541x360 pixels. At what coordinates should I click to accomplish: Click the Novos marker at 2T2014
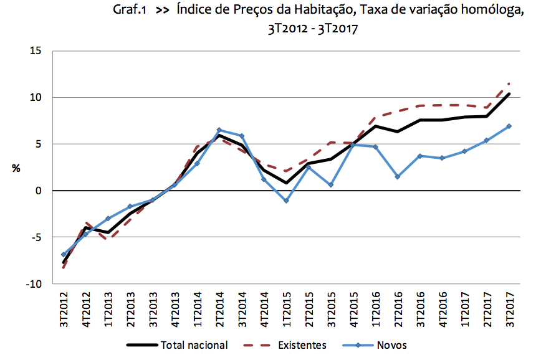coord(219,130)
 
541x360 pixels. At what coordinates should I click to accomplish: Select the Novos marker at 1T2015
coord(286,201)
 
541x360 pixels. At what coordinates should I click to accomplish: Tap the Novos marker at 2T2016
coord(397,177)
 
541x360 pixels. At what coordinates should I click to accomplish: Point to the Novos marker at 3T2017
coord(509,126)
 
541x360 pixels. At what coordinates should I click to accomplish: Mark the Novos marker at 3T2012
coord(63,255)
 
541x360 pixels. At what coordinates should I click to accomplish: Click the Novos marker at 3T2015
coord(331,185)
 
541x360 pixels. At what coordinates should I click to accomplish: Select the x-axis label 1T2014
coord(198,310)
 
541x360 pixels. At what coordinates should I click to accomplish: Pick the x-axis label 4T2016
coord(443,310)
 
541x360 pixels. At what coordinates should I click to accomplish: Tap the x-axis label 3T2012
coord(64,310)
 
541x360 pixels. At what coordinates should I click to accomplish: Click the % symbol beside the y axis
coord(16,168)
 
